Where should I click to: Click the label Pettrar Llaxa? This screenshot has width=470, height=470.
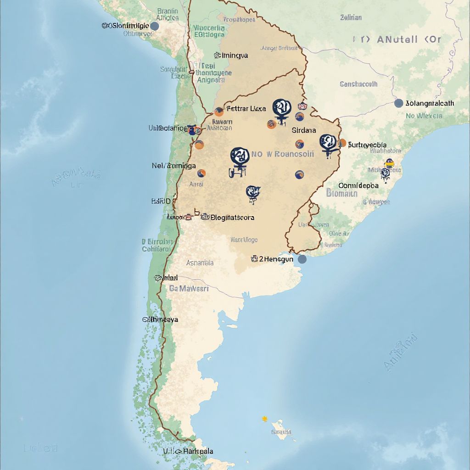pos(246,109)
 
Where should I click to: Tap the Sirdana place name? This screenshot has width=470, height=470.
pos(304,130)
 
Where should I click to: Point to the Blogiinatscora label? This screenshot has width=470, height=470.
pos(232,218)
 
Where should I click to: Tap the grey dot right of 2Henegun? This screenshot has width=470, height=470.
pos(302,259)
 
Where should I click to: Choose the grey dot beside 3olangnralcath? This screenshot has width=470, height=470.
pos(398,103)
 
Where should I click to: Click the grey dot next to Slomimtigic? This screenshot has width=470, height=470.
pos(155,26)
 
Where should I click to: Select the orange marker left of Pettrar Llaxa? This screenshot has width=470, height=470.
pos(219,111)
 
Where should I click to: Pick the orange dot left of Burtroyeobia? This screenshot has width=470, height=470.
pos(342,143)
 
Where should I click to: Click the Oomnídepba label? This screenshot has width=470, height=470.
pos(358,185)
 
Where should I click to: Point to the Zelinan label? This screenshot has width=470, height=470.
pos(351,17)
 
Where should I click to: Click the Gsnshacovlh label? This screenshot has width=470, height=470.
pos(358,84)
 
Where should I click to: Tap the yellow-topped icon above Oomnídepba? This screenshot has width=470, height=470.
pos(389,162)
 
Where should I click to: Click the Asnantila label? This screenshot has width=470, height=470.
pos(200,263)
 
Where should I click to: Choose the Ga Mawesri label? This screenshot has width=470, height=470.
pos(189,289)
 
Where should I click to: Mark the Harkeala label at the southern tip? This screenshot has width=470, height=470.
pos(198,451)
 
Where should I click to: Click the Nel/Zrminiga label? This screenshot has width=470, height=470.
pos(173,166)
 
